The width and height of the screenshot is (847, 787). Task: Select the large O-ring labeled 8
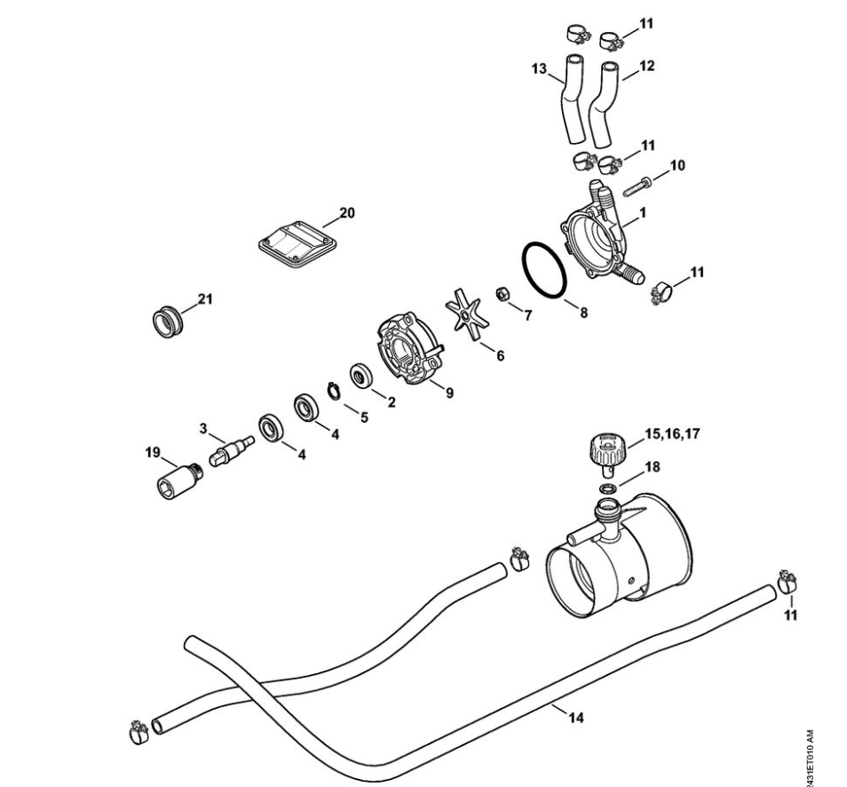point(544,243)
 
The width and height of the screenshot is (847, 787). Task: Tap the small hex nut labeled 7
point(503,294)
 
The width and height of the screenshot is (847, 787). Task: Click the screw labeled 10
point(638,187)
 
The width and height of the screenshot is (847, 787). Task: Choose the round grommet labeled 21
point(168,322)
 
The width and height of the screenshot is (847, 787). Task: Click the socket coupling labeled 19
point(180,480)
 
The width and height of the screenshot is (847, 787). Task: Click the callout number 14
point(576,718)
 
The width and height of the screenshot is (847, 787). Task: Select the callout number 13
point(539,68)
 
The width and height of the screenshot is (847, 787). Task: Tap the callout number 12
point(646,66)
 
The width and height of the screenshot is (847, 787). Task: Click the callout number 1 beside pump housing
point(642,213)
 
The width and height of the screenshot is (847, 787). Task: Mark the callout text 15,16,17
point(672,433)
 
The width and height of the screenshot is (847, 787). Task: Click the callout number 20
point(347,213)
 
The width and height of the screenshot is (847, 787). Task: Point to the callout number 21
point(205,298)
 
